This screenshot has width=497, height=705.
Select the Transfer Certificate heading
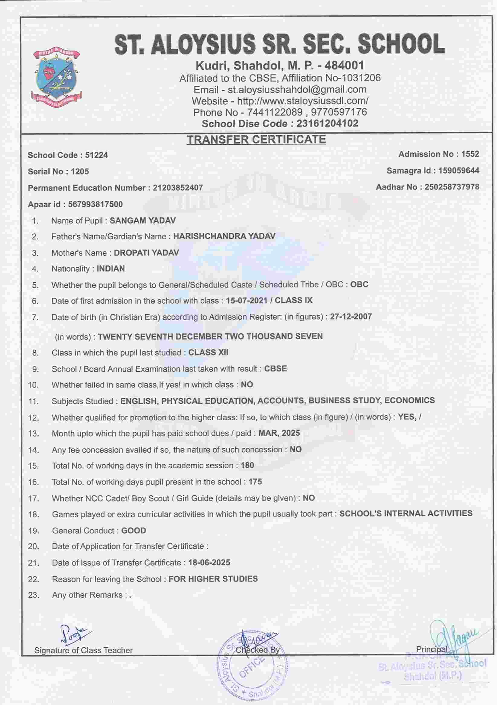pos(256,140)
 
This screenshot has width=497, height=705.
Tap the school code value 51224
pos(96,155)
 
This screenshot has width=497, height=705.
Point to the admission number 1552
pos(470,154)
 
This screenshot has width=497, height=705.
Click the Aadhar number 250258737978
pos(452,187)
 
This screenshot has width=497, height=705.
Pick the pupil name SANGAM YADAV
pos(143,220)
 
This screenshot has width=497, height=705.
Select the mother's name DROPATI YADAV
pos(146,253)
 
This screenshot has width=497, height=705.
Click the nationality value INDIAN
pos(111,269)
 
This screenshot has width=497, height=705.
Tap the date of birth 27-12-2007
pos(351,317)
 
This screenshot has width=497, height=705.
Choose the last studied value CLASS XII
pos(208,353)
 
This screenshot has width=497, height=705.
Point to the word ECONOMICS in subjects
pos(409,400)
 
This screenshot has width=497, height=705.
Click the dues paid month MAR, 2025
pos(279,433)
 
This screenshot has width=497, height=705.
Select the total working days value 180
pos(247,465)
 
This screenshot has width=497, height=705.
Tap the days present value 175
pos(255,482)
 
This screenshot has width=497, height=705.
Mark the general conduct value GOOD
pos(134,530)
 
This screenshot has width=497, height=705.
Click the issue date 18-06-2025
pos(209,562)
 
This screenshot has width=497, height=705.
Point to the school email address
pos(297,89)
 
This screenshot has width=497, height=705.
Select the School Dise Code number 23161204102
pos(327,123)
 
